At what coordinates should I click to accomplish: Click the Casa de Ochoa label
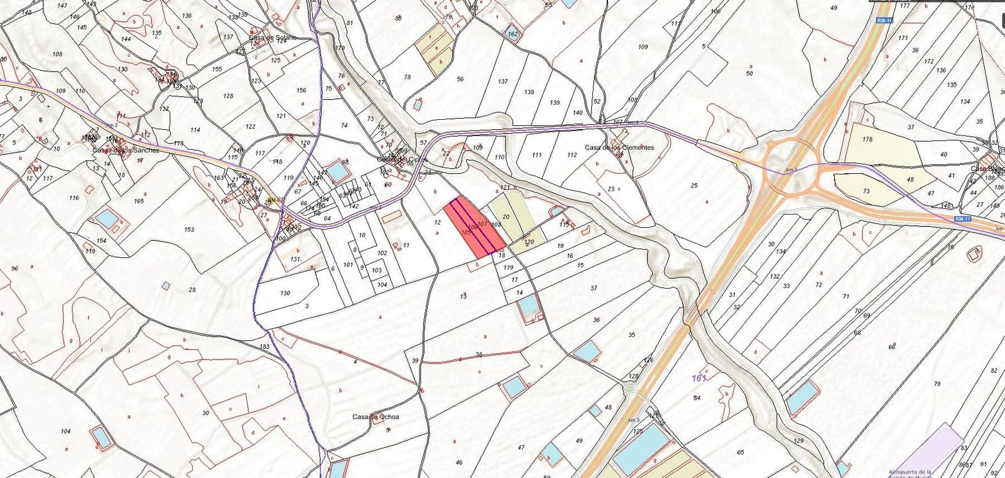375,417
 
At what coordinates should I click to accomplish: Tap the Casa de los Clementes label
619,147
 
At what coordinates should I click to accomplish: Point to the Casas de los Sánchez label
126,150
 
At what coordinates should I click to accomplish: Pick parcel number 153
189,230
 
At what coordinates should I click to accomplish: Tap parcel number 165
139,201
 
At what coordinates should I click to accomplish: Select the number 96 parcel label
15,268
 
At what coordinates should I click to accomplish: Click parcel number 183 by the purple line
264,346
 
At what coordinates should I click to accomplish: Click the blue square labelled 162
513,34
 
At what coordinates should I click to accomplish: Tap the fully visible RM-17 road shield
962,218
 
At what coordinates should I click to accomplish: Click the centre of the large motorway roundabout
790,168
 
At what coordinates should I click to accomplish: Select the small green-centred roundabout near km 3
631,390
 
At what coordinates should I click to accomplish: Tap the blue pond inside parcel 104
99,435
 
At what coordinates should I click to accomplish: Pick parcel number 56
460,79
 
